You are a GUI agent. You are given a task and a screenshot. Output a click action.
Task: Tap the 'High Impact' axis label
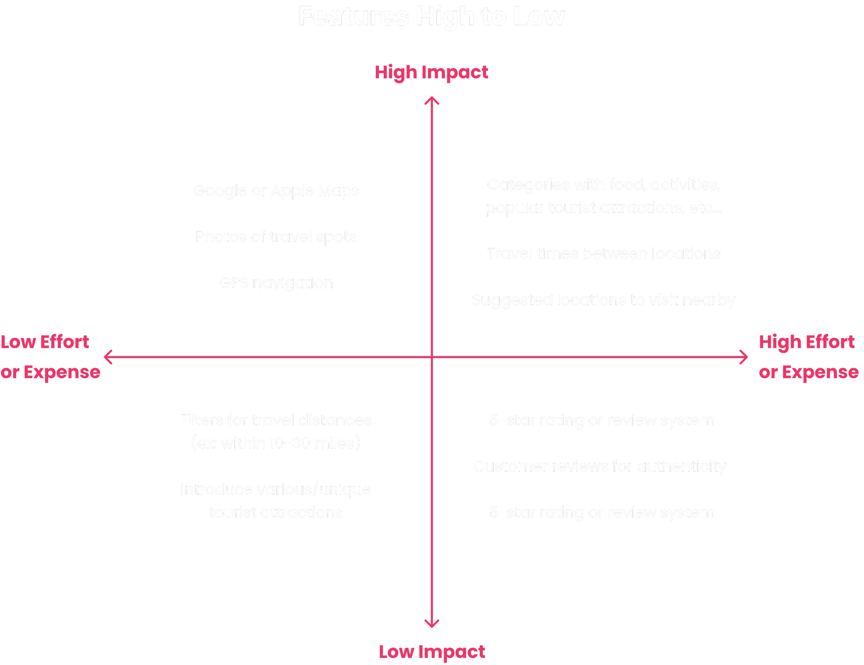coord(431,72)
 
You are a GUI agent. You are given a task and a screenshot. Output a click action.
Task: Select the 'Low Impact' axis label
coord(432,652)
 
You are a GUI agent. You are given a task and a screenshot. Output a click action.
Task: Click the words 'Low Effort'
coord(45,342)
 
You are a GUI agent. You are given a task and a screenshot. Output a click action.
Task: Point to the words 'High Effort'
coord(806,342)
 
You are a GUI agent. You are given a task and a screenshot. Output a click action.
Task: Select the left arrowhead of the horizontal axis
coord(107,357)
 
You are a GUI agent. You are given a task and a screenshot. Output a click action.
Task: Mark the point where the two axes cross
coord(432,357)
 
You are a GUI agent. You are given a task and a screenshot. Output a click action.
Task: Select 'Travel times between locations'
coord(604,254)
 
